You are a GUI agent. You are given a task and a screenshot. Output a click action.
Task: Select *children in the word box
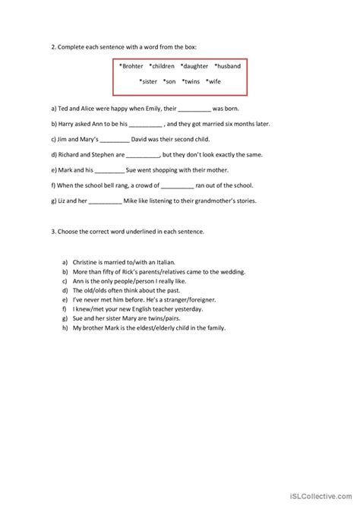[x=163, y=66]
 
